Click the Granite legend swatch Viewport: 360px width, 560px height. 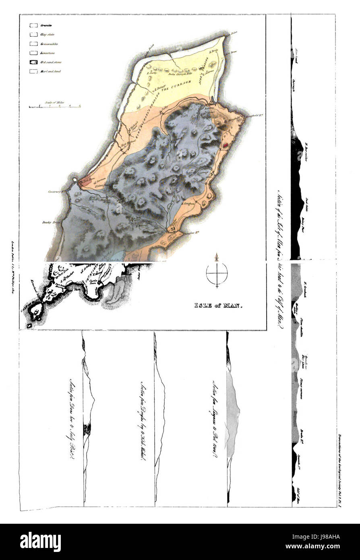tap(33, 25)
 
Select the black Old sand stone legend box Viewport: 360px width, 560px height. tap(33, 62)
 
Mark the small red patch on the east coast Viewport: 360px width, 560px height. tap(225, 142)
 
